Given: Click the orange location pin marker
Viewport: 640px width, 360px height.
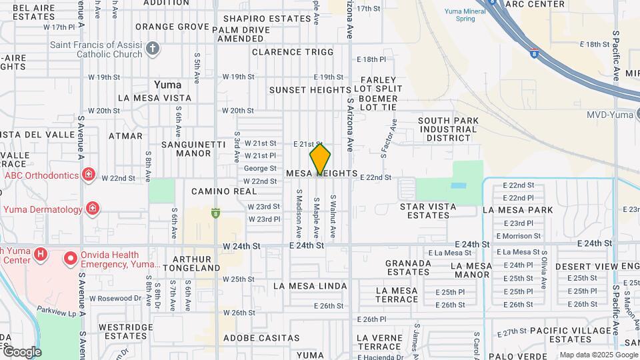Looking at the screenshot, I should click(x=320, y=160).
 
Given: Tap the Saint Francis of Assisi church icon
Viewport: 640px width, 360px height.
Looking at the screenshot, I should click(x=153, y=48).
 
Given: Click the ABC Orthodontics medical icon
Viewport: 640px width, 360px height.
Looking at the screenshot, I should click(x=88, y=175).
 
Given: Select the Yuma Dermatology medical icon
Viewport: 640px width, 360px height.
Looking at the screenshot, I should click(x=92, y=209).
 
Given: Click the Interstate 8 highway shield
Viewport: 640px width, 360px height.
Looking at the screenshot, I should click(x=534, y=51).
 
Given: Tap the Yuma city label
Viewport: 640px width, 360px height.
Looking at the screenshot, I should click(x=167, y=85).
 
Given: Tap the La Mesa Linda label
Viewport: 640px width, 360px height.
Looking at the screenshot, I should click(x=310, y=286).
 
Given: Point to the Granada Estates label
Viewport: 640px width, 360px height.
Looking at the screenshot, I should click(x=408, y=267).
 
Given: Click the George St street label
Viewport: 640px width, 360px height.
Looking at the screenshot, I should click(x=260, y=168).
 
